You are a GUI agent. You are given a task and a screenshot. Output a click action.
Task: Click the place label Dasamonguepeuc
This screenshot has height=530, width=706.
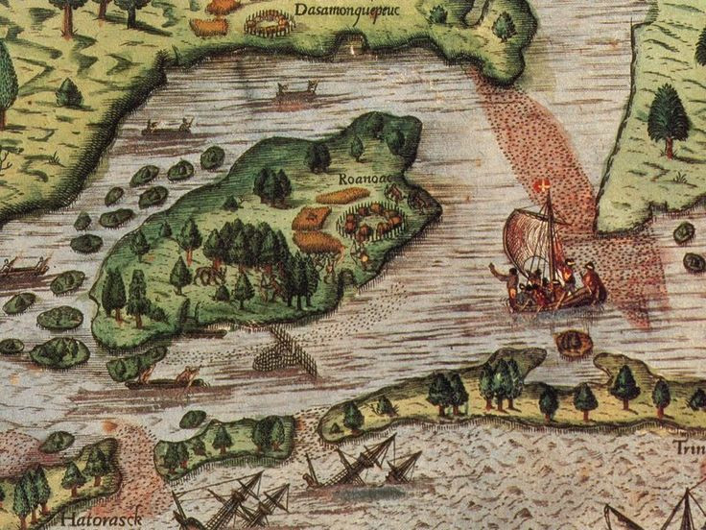[347, 11]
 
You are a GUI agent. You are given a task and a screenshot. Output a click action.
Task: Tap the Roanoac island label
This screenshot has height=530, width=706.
[362, 179]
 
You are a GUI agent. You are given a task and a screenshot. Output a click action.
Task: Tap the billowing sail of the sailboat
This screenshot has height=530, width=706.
[527, 240]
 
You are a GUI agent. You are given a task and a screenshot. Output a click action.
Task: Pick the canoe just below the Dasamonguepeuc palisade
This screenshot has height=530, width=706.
[296, 92]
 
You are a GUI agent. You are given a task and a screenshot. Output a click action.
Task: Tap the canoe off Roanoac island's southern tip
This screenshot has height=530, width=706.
[168, 379]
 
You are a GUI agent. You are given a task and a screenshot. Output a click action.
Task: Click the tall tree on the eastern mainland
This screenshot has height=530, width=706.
[669, 119]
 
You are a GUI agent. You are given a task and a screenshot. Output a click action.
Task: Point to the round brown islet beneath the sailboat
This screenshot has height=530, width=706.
[574, 342]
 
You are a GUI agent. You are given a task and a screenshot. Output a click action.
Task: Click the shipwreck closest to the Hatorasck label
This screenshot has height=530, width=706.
[230, 499]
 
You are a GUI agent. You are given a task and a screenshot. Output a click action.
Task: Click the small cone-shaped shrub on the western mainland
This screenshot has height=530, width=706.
[68, 92]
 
